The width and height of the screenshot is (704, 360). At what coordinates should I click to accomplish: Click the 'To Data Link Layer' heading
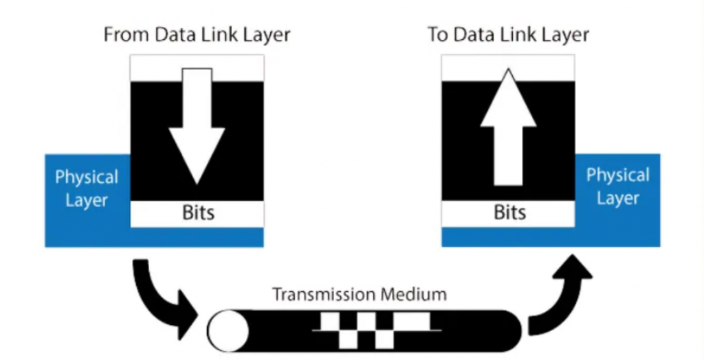pos(508,35)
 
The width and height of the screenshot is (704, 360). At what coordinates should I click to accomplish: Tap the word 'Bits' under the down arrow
pos(198,212)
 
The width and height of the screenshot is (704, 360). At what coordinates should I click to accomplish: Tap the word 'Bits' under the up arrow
pos(509,212)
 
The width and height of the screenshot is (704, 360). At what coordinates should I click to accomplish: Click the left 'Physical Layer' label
pos(87,189)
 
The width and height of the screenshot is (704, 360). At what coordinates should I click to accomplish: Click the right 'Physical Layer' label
pos(618,187)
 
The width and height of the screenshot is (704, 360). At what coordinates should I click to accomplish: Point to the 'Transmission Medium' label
pos(360,295)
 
